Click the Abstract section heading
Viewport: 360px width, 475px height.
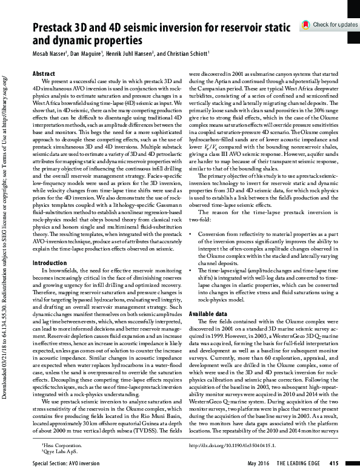[x=43, y=73]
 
